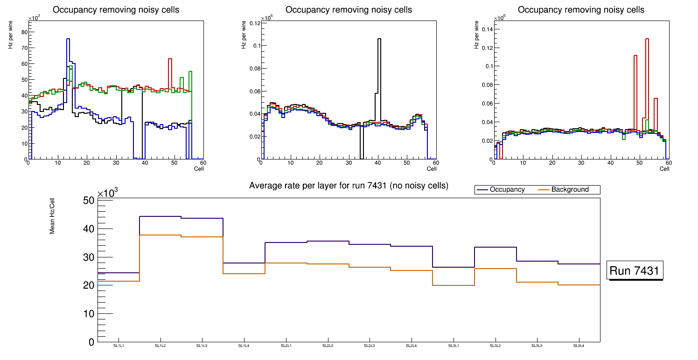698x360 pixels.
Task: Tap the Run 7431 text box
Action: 635,271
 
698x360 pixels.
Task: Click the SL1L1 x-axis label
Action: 119,346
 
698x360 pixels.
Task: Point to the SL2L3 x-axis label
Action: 370,346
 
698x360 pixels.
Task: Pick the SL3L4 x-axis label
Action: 579,346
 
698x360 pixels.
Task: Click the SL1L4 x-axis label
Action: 244,346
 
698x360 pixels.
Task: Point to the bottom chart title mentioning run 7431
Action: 349,186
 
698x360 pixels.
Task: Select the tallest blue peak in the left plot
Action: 68,42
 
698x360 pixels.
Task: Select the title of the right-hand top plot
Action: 581,10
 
